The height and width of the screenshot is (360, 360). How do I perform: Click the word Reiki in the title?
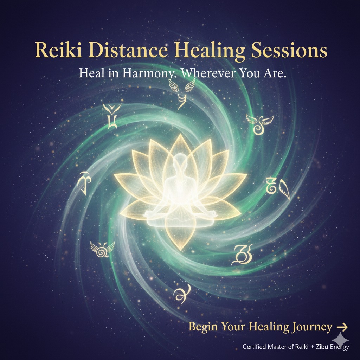pyautogui.click(x=58, y=50)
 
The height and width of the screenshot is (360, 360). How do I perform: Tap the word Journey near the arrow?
pyautogui.click(x=312, y=327)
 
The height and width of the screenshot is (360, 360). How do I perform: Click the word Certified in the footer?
pyautogui.click(x=254, y=346)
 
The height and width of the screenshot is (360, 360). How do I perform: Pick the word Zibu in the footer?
pyautogui.click(x=322, y=346)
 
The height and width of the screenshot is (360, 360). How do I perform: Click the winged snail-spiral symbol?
pyautogui.click(x=102, y=250)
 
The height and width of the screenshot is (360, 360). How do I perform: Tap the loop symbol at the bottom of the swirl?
pyautogui.click(x=182, y=294)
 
